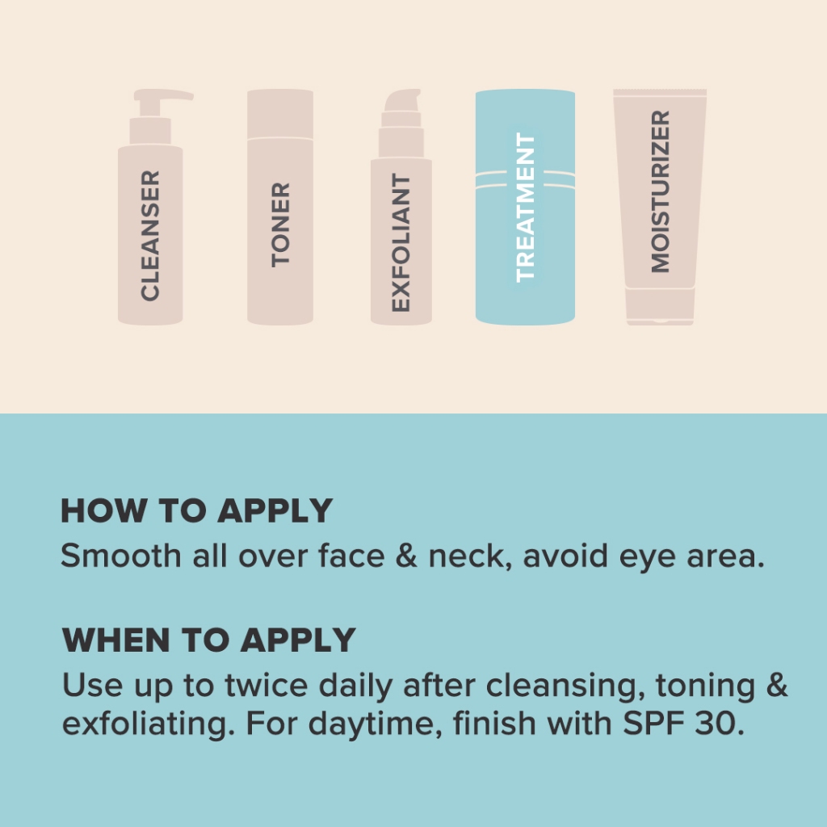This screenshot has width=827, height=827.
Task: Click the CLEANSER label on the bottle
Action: (150, 235)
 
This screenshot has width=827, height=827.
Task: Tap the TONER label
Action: (280, 225)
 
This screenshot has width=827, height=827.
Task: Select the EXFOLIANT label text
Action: (401, 242)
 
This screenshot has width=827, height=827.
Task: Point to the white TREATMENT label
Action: (525, 208)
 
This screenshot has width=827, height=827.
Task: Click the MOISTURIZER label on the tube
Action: (661, 191)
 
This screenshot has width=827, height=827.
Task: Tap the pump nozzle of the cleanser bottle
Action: (163, 96)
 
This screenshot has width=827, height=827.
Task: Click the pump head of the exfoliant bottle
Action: (402, 100)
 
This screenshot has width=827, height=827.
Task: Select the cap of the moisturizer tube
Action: (660, 306)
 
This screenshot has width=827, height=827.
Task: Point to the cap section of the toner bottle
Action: (280, 114)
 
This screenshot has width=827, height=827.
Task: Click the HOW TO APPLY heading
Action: (197, 510)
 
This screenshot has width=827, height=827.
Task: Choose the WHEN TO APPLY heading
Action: (209, 640)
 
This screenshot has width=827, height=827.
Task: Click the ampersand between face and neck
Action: (406, 556)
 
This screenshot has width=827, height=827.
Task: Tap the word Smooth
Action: (121, 556)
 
